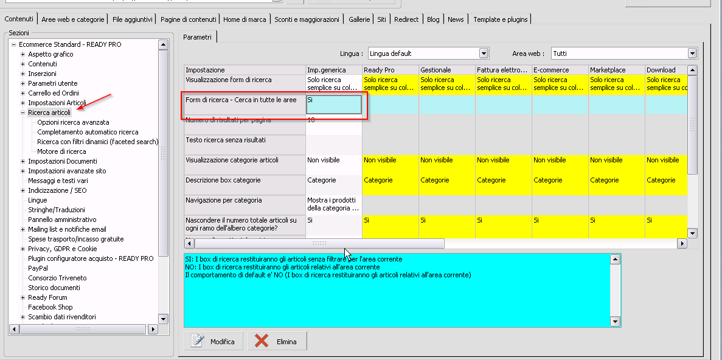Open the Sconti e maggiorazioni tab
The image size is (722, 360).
click(307, 19)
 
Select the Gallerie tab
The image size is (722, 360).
click(359, 19)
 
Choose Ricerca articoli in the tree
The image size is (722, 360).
click(49, 112)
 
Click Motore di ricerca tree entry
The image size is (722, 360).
click(61, 151)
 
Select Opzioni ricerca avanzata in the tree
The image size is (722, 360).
click(73, 122)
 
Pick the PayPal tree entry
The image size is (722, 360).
click(38, 268)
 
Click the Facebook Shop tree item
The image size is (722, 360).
click(50, 307)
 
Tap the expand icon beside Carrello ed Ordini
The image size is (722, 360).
click(23, 93)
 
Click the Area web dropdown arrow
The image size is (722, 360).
click(692, 54)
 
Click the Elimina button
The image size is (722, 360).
click(277, 341)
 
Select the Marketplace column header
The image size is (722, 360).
click(608, 70)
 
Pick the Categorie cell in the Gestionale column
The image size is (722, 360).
click(435, 181)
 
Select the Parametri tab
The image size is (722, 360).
click(198, 37)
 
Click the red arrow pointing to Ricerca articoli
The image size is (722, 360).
click(94, 103)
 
